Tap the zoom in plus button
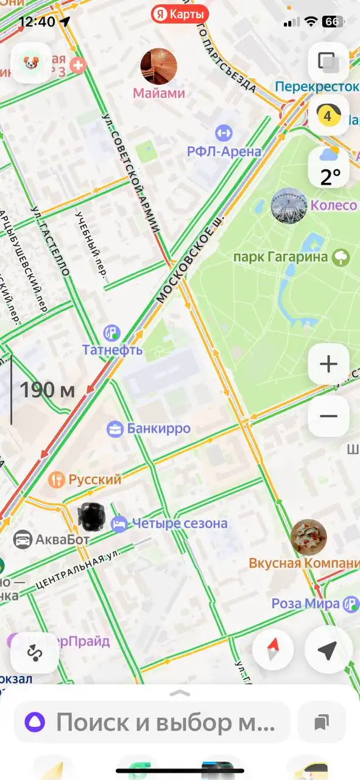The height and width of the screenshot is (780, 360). coord(328,364)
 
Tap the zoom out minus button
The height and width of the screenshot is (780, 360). coord(328,416)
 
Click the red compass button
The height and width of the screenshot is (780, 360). coord(273,650)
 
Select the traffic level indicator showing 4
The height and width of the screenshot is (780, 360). coord(329,115)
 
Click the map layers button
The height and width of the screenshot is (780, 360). coord(329,62)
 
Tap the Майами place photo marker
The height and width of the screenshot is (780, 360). coord(159,66)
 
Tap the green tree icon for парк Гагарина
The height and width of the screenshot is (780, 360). coord(341,257)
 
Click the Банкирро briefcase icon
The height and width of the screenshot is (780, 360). coord(114,428)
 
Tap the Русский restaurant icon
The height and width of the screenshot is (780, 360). coord(56,480)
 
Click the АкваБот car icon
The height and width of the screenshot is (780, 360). coord(23,539)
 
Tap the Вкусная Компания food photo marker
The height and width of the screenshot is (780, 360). coord(308,537)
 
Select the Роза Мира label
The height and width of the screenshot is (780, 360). coord(305,604)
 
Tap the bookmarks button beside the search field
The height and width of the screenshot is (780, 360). coord(322,722)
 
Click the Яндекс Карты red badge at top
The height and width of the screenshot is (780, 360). coord(180,13)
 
